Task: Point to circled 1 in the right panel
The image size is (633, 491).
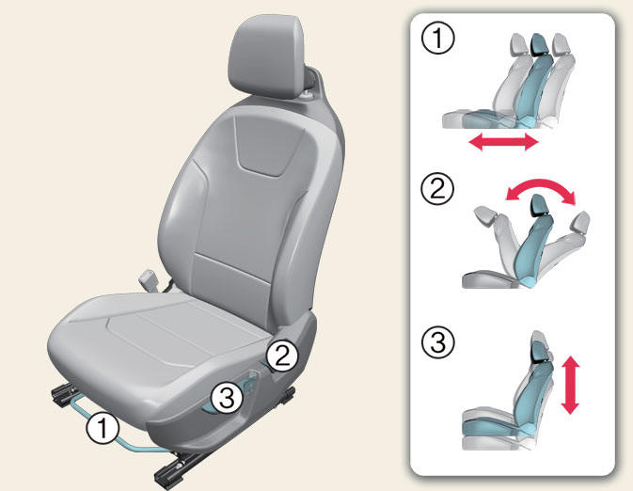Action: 436,40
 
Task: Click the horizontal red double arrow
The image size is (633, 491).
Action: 504,143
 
